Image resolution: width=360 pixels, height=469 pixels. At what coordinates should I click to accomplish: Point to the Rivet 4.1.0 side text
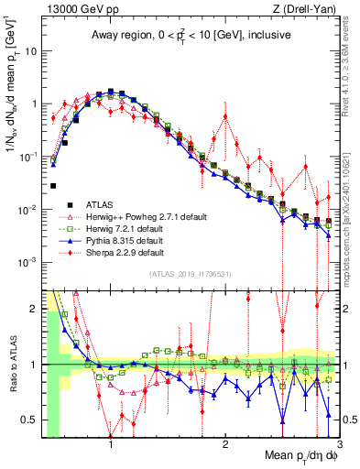pos(352,64)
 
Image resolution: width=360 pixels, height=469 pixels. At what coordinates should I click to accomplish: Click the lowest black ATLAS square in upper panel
pos(53,186)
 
